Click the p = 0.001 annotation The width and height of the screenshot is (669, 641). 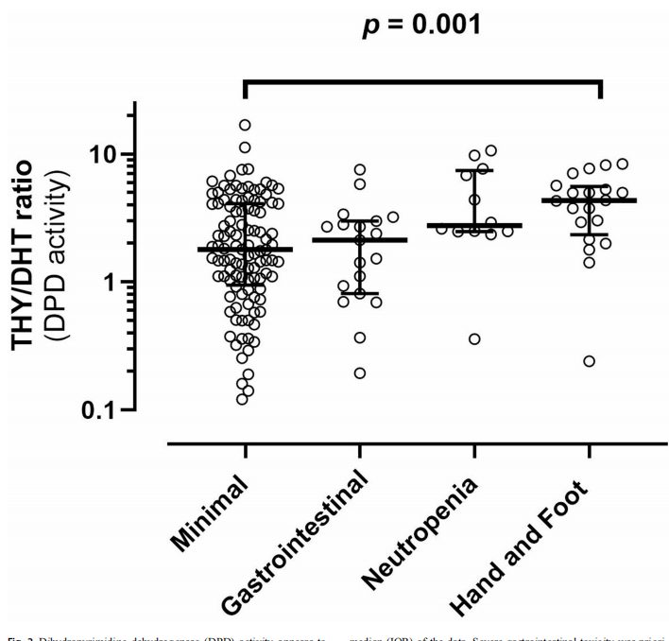[423, 25]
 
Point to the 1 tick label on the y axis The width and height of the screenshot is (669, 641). [113, 282]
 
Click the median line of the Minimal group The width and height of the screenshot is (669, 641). [245, 249]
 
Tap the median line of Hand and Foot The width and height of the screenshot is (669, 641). [588, 200]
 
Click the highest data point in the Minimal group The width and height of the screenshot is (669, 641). [245, 125]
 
